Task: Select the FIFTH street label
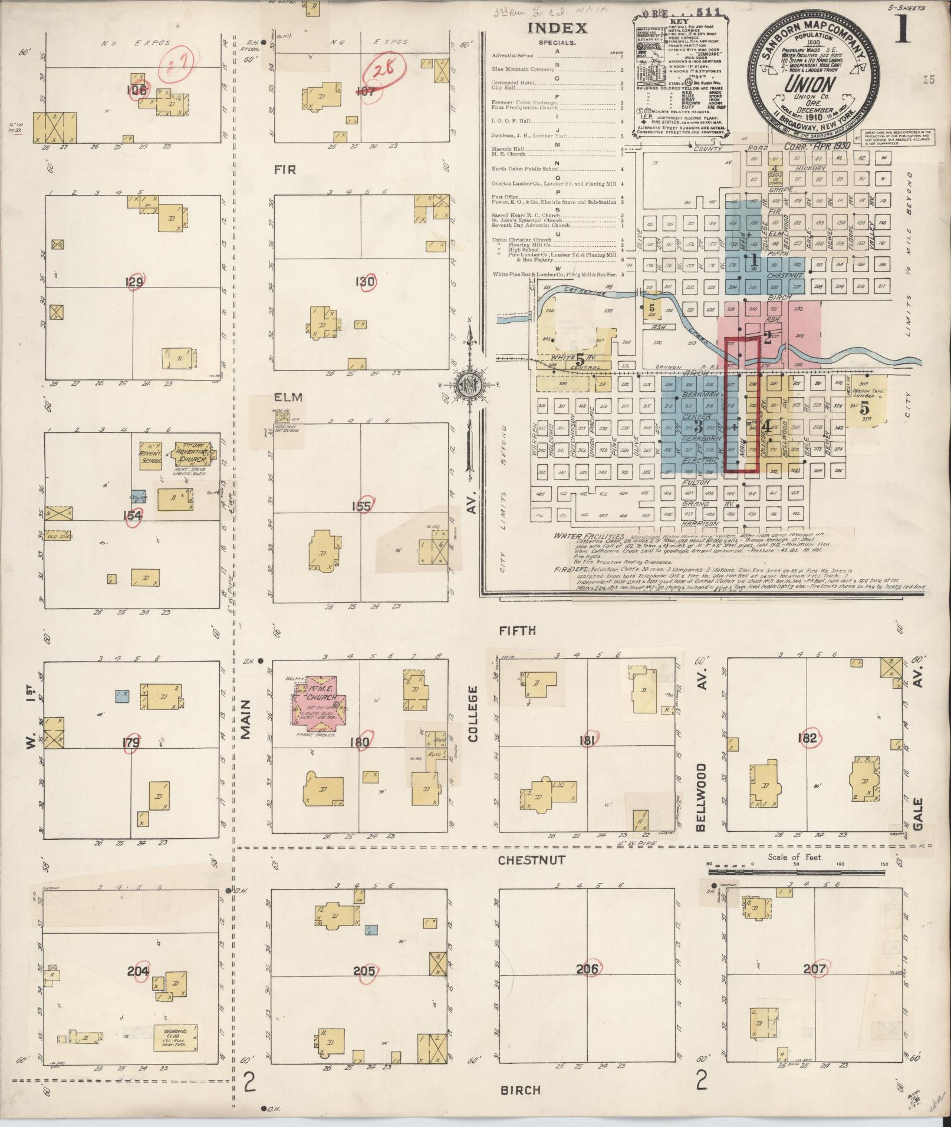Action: [x=517, y=630]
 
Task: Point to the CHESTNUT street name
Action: [x=531, y=860]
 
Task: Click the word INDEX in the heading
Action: [x=557, y=28]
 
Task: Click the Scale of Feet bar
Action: [x=797, y=870]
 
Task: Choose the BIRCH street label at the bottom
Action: [x=520, y=1089]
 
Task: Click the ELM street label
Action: [x=287, y=397]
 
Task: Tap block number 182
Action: [x=807, y=738]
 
